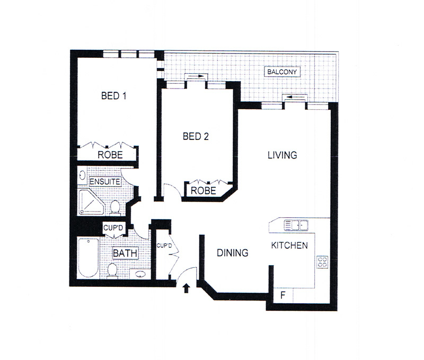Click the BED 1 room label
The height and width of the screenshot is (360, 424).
tap(113, 96)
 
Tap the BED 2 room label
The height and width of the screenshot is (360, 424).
tap(196, 136)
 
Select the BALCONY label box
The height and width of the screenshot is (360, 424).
tap(282, 72)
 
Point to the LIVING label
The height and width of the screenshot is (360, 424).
tap(282, 155)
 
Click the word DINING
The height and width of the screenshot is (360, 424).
tap(233, 253)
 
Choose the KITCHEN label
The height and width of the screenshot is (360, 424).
tap(289, 245)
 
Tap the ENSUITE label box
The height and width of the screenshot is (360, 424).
tap(105, 182)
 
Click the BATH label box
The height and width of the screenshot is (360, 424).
tap(125, 253)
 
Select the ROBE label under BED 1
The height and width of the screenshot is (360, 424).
tap(110, 155)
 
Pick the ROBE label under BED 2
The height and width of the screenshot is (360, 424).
tap(204, 191)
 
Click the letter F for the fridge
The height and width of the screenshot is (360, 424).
tap(283, 295)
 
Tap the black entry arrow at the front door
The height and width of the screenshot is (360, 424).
tap(186, 288)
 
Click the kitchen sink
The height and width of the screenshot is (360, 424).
tap(296, 225)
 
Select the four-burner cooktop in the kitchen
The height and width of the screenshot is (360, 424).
tap(322, 262)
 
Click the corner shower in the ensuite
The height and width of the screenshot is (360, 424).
tap(91, 203)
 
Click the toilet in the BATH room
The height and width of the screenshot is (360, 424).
tap(112, 270)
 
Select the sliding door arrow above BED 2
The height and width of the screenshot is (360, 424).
tap(196, 76)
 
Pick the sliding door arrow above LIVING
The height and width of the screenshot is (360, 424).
tap(295, 97)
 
